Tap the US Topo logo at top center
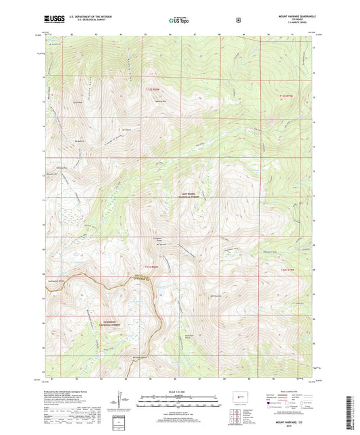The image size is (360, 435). point(178,20)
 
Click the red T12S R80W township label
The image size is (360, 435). point(154,89)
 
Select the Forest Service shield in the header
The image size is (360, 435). point(238,20)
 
